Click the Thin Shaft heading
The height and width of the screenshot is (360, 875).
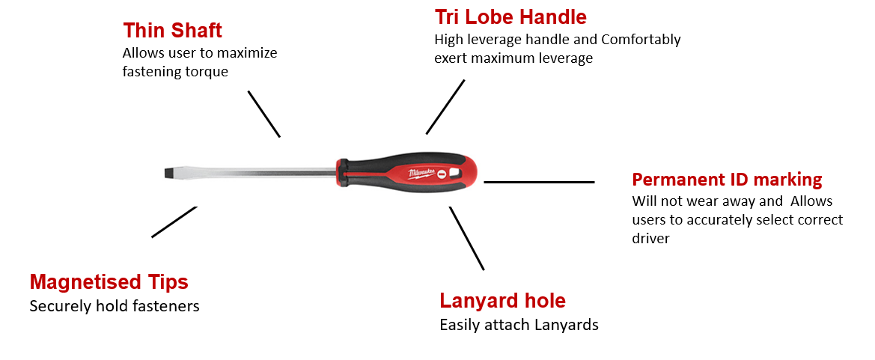pos(172,30)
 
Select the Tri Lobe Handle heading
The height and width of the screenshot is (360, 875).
pos(510,16)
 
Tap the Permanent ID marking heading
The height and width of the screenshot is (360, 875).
pos(727,180)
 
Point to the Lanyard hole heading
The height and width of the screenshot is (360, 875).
pos(503,301)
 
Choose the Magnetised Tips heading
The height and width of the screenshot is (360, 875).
pos(109,282)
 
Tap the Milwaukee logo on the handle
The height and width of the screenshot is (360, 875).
pos(420,172)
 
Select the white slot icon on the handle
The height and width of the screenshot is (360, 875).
pos(440,174)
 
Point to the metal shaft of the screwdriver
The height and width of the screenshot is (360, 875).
pos(254,172)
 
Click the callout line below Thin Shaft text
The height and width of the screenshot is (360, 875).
pos(264,114)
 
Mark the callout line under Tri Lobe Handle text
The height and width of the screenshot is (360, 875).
pos(445,106)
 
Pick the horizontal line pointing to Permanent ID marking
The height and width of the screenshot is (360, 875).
pos(539,182)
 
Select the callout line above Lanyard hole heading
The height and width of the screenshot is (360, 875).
pos(466,238)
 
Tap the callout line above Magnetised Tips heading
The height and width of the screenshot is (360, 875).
pos(174,222)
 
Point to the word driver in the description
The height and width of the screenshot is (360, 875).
pos(650,238)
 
